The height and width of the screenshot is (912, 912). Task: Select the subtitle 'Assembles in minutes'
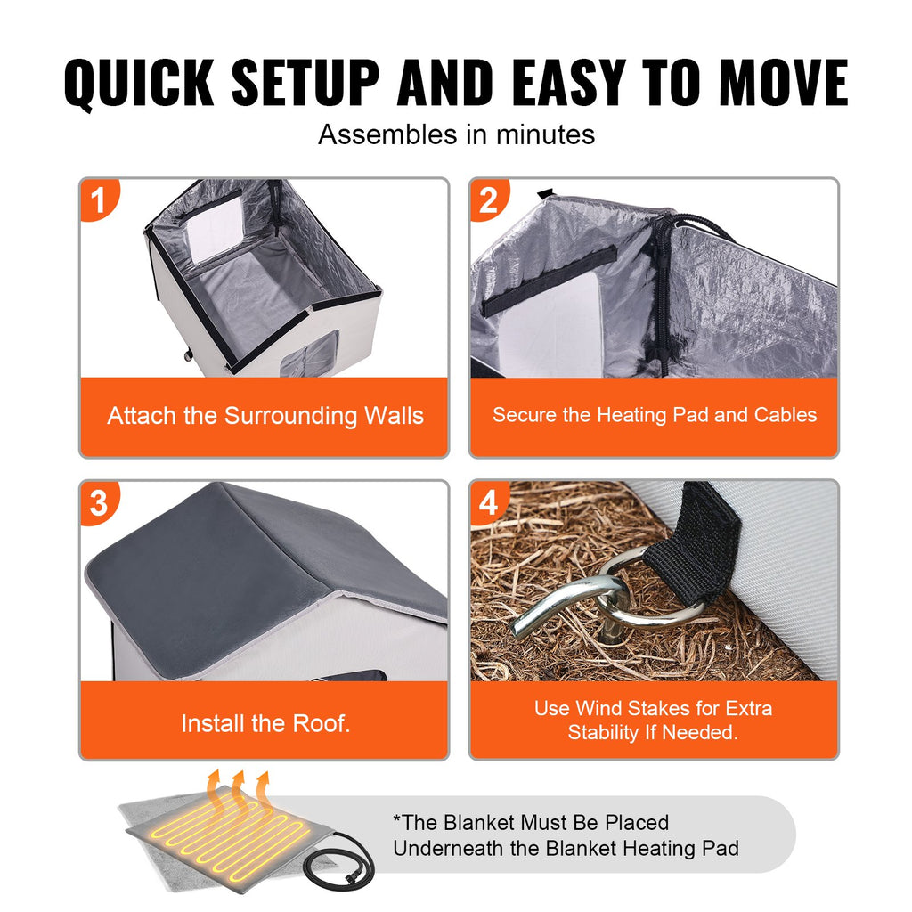click(x=457, y=134)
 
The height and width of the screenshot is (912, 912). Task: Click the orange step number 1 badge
click(x=99, y=199)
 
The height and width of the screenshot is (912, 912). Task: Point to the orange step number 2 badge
click(x=489, y=199)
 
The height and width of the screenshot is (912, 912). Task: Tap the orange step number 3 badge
click(x=99, y=502)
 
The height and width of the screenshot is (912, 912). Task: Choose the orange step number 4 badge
click(x=489, y=502)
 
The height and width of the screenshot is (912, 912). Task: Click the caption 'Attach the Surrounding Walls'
click(x=265, y=417)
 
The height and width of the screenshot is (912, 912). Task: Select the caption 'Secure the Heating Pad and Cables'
click(x=655, y=415)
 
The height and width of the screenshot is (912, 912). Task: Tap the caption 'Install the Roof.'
click(x=265, y=723)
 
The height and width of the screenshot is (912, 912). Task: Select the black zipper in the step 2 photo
click(x=662, y=291)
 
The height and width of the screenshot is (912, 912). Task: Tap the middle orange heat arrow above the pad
click(x=239, y=792)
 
